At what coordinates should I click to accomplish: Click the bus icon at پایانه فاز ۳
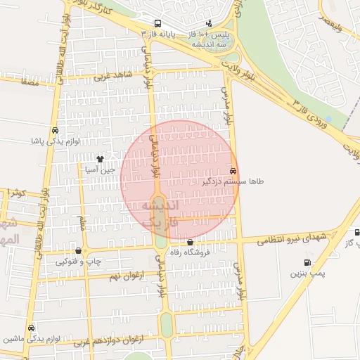[156, 22]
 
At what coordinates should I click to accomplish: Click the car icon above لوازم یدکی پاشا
[55, 130]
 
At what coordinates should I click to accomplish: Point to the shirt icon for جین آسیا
[100, 159]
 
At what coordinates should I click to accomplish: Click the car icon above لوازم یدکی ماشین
[31, 328]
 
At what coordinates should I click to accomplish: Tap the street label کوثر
[18, 193]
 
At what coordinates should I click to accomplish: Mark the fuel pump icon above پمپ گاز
[357, 232]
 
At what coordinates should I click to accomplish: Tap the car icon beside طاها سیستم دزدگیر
[233, 172]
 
